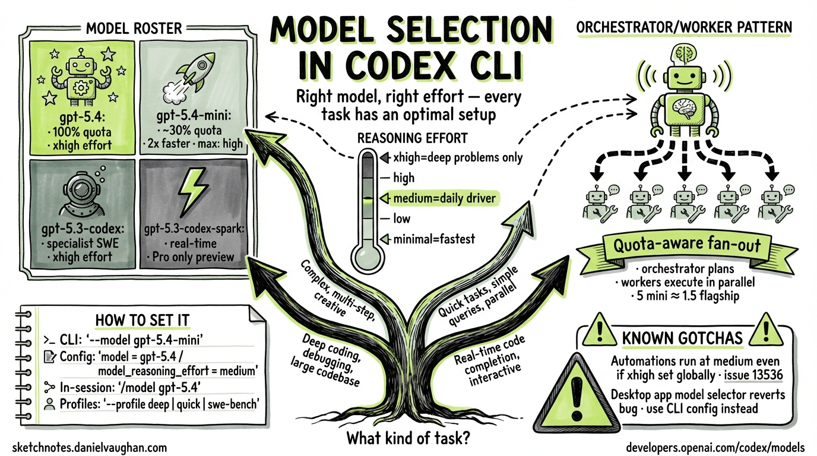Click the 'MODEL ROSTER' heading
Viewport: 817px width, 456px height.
(134, 28)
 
